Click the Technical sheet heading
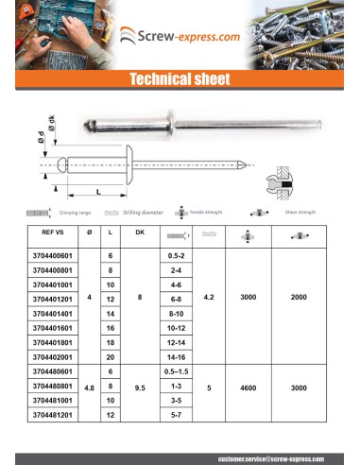click(x=180, y=80)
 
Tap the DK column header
click(x=140, y=232)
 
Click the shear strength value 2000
click(x=299, y=297)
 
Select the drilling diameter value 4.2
click(x=209, y=297)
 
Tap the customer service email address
click(x=269, y=457)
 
